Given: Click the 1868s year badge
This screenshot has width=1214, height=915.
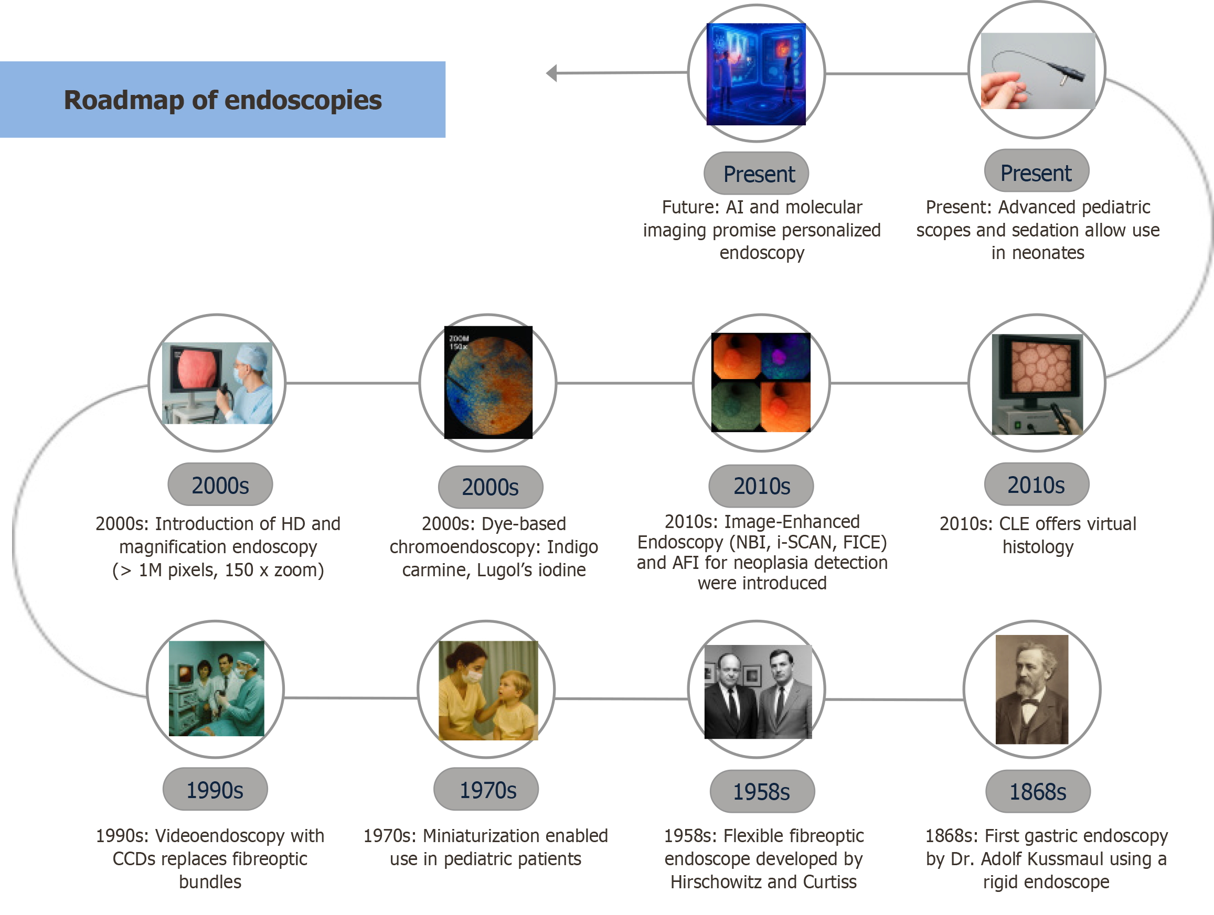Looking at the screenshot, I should coord(1037,791).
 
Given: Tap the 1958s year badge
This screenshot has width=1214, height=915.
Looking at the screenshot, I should coord(762,791).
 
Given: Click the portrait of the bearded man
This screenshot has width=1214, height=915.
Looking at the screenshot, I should coord(1032,689).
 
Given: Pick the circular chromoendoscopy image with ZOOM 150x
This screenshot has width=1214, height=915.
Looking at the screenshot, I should coord(488,382).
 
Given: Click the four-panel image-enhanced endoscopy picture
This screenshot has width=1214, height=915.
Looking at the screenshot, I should coord(761,382).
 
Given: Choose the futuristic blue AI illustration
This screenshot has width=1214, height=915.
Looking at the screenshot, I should coord(757,74).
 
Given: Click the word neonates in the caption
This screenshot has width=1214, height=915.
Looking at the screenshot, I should coord(1048,253).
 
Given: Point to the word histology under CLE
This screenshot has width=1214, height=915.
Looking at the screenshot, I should coord(1037,547).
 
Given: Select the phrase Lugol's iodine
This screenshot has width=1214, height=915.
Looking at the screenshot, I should coord(531,570).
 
